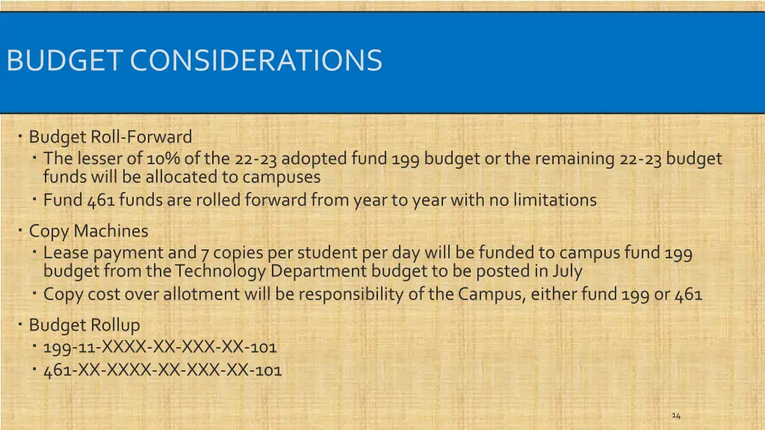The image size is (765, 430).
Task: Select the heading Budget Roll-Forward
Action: (111, 137)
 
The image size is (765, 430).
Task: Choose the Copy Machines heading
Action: (88, 231)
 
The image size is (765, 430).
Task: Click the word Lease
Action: (65, 253)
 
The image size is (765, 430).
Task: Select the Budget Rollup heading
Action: (84, 325)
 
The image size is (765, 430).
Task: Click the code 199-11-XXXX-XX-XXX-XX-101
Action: (160, 347)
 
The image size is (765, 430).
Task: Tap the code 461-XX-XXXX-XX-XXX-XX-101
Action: (162, 370)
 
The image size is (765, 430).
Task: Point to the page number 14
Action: (676, 415)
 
